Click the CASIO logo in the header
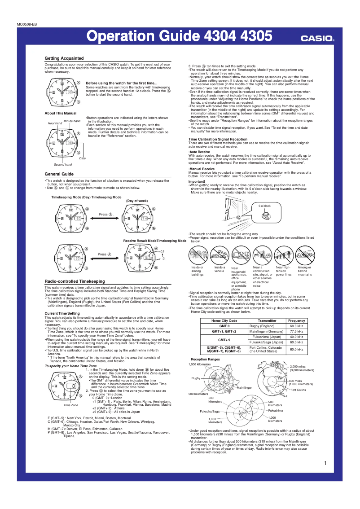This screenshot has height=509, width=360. [317, 39]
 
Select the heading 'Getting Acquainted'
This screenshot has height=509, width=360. [64, 58]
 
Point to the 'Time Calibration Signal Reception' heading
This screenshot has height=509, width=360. [218, 139]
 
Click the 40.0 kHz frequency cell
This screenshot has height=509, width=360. [296, 337]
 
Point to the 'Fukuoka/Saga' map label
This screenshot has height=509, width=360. [210, 411]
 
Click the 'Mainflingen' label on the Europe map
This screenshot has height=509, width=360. [245, 387]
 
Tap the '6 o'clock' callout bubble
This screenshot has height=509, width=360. [264, 206]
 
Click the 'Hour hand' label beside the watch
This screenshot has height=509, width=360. [55, 123]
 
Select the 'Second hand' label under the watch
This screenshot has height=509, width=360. [62, 165]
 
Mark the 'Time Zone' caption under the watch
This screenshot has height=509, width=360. [71, 405]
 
